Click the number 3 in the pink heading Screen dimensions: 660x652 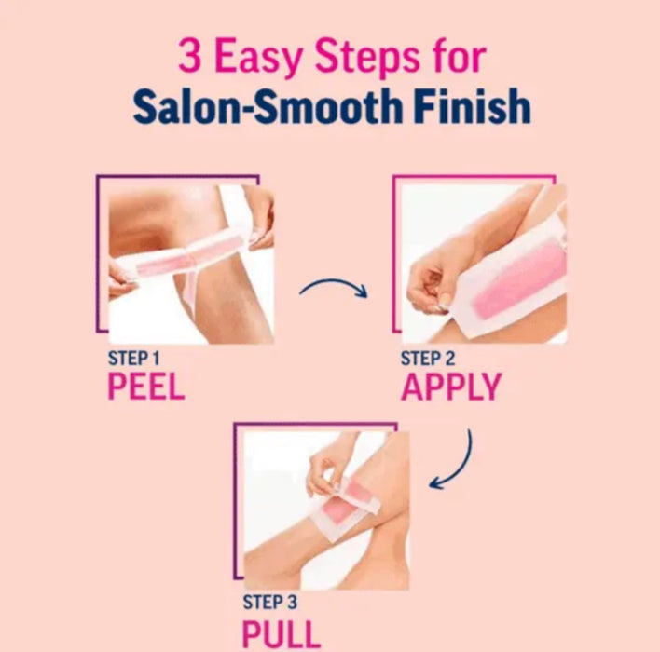click(190, 55)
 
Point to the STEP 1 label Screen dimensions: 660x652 click(134, 359)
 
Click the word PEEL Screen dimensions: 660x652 click(146, 386)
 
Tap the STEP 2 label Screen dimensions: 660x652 click(428, 359)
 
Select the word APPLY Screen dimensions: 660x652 click(451, 387)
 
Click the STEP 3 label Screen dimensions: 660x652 click(269, 602)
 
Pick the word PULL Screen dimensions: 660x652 click(282, 634)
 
